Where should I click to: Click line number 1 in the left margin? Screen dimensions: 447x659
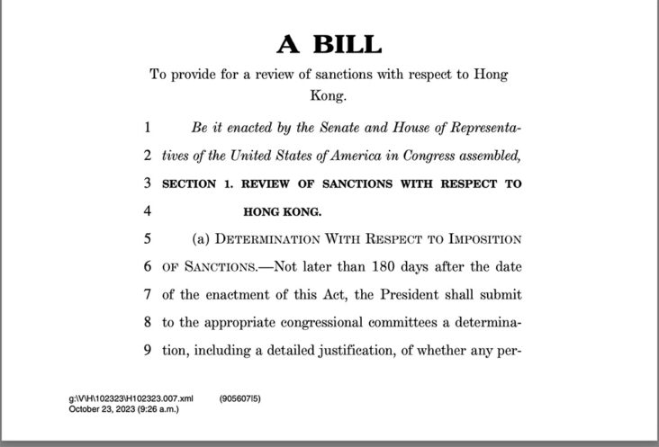point(146,127)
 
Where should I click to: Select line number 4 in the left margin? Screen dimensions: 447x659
point(146,212)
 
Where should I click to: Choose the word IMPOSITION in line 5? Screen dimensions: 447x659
point(478,239)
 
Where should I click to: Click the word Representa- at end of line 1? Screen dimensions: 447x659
point(482,127)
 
